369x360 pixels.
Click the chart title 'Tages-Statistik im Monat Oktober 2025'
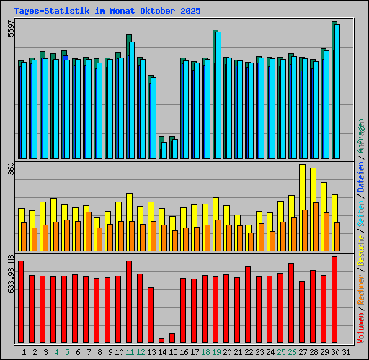tap(107, 12)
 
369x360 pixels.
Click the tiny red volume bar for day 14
tap(161, 341)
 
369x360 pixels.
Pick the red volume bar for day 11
tap(129, 302)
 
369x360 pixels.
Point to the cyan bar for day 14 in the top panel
tap(164, 150)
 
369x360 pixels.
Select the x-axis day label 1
tap(24, 352)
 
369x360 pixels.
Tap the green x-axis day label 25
tap(281, 352)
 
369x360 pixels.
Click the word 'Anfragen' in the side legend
tap(361, 141)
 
